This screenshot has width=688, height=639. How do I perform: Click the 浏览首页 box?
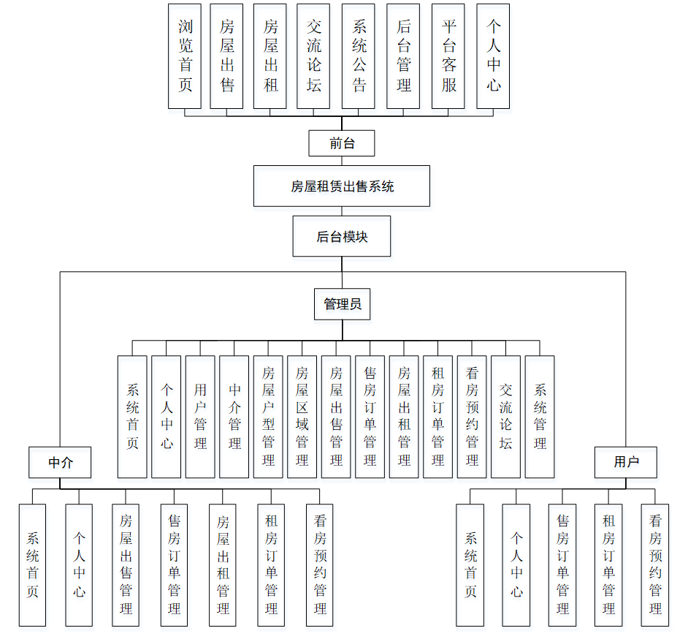click(x=185, y=56)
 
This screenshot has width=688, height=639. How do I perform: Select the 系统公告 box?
click(x=359, y=56)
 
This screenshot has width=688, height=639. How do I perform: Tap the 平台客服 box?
click(x=448, y=56)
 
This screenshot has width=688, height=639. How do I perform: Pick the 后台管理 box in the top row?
click(x=404, y=56)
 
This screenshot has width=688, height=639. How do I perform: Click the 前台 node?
click(x=342, y=143)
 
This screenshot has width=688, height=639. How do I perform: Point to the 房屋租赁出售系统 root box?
click(x=342, y=186)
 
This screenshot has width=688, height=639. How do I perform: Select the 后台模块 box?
click(x=342, y=236)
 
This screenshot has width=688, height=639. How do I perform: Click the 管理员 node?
click(x=342, y=304)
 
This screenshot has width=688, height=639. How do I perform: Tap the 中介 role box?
click(x=60, y=462)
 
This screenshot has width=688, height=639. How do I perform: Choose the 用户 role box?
click(x=626, y=462)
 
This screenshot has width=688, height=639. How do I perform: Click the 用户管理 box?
click(x=200, y=417)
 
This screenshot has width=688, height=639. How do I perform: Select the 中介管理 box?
click(x=234, y=417)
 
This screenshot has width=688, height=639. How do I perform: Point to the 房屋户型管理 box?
click(x=268, y=417)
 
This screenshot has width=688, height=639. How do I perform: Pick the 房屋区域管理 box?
click(x=302, y=417)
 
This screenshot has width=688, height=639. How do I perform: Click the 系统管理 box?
click(x=540, y=417)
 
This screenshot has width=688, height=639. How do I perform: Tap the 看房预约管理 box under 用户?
click(x=655, y=564)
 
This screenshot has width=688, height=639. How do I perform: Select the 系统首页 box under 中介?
click(x=33, y=564)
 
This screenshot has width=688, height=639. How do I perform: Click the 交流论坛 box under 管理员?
click(x=506, y=417)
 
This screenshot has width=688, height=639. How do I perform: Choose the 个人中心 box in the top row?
click(x=493, y=56)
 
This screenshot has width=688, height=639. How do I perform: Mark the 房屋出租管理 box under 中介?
click(x=223, y=564)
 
